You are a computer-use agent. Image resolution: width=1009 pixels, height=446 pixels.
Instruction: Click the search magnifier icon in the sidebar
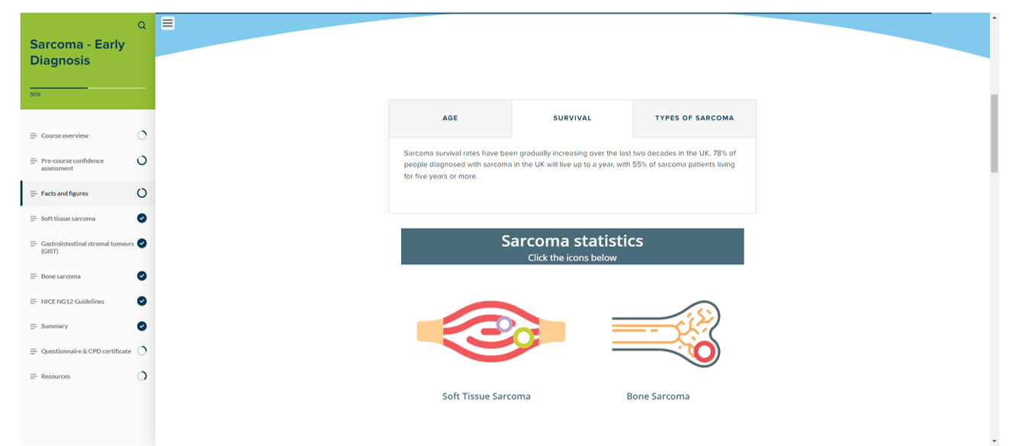pyautogui.click(x=142, y=25)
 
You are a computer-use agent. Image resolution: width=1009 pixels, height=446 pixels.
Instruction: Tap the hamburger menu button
pyautogui.click(x=168, y=23)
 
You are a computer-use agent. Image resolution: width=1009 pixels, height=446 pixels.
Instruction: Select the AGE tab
pyautogui.click(x=450, y=118)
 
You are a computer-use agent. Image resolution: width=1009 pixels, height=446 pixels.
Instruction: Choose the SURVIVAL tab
pyautogui.click(x=572, y=118)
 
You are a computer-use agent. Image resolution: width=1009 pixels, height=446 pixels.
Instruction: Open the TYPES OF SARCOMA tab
pyautogui.click(x=694, y=118)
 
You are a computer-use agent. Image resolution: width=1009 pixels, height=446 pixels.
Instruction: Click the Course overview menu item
pyautogui.click(x=64, y=136)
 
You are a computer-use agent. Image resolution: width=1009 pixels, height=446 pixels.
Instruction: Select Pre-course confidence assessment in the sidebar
pyautogui.click(x=72, y=165)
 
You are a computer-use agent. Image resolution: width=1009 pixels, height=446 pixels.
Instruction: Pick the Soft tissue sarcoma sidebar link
pyautogui.click(x=68, y=219)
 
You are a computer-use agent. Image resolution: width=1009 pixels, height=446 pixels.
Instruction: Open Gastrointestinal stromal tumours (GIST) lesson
pyautogui.click(x=88, y=247)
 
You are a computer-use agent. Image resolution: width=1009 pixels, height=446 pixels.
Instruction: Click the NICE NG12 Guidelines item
pyautogui.click(x=72, y=301)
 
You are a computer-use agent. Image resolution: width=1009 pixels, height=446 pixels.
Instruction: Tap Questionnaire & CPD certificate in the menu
pyautogui.click(x=86, y=351)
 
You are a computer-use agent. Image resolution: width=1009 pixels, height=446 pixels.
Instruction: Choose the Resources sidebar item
pyautogui.click(x=56, y=376)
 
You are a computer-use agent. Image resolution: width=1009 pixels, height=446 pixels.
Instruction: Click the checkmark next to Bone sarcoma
pyautogui.click(x=142, y=276)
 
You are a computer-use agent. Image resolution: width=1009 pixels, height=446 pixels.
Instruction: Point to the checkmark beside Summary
pyautogui.click(x=142, y=326)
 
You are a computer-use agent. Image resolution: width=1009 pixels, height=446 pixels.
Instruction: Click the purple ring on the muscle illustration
pyautogui.click(x=505, y=316)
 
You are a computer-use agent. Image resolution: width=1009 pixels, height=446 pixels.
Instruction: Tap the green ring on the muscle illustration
pyautogui.click(x=523, y=329)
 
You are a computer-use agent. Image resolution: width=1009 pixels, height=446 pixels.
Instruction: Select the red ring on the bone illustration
pyautogui.click(x=705, y=343)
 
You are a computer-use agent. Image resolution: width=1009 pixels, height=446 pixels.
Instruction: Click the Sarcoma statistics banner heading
pyautogui.click(x=572, y=241)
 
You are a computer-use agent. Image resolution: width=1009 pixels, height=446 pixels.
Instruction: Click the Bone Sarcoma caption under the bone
pyautogui.click(x=658, y=396)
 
